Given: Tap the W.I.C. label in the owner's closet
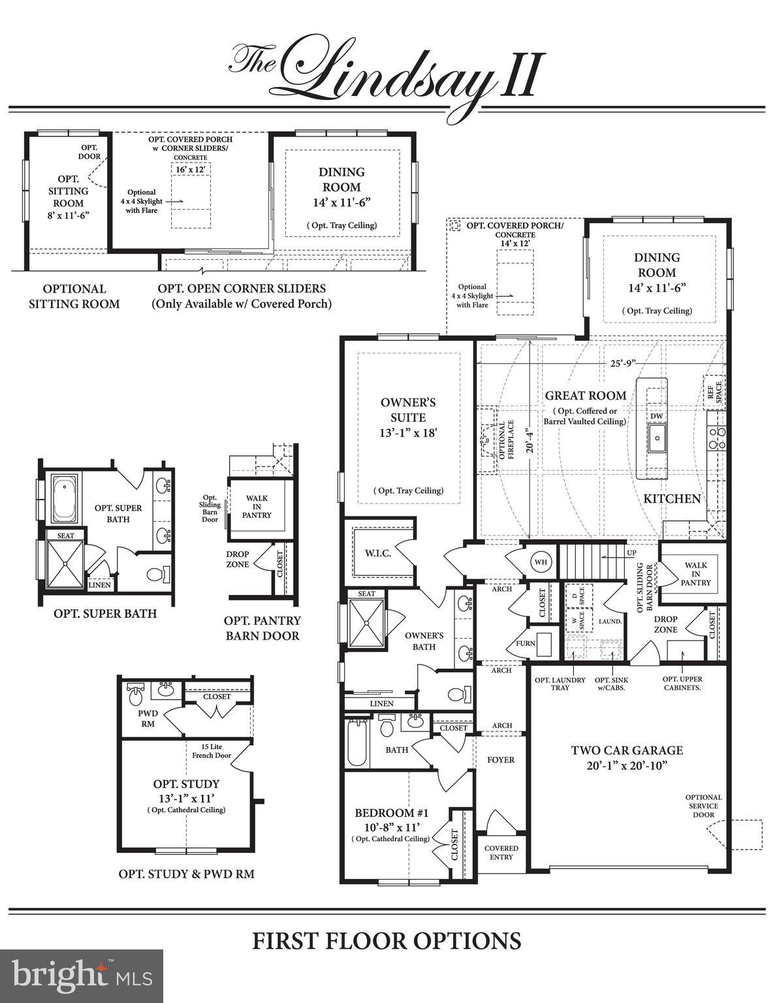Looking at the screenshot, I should tap(378, 553).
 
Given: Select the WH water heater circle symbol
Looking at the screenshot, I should tap(541, 562).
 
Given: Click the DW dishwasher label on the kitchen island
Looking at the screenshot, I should tap(656, 416).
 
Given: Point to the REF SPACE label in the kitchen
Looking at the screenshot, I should tap(714, 392).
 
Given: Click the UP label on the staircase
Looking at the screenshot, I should tap(631, 552).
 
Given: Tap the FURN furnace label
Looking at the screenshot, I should tap(526, 643).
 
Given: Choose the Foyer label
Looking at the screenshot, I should tap(501, 760).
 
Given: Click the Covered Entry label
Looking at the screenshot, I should tap(501, 852).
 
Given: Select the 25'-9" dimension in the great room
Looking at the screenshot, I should tap(624, 362).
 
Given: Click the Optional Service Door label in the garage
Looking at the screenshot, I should tap(703, 806).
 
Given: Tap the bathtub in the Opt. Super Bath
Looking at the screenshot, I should tap(64, 498).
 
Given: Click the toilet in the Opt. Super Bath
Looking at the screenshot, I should tap(157, 575).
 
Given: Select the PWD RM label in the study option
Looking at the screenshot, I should tap(148, 718).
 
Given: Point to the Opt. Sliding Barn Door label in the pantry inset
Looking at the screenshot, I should tap(210, 509).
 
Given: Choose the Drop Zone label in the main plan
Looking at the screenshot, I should tap(665, 624).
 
